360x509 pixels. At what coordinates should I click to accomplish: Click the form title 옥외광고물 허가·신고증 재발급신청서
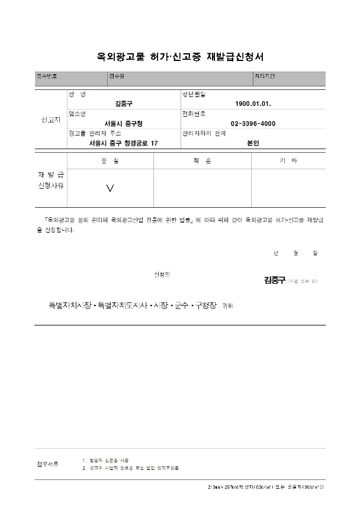click(179, 57)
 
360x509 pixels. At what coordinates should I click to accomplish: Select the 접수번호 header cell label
click(47, 76)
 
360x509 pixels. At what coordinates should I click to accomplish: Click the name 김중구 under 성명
click(124, 104)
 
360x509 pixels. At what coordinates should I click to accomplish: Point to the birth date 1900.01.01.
click(253, 104)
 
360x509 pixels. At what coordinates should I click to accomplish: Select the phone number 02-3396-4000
click(253, 123)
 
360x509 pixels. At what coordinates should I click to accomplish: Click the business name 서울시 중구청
click(123, 123)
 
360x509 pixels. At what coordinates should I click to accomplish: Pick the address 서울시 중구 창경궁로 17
click(123, 143)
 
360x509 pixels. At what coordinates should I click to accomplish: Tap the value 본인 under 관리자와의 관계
click(253, 143)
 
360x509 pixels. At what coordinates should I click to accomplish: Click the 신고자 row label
click(50, 120)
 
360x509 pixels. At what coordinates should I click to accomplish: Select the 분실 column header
click(110, 161)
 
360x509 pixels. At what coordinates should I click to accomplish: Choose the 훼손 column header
click(202, 161)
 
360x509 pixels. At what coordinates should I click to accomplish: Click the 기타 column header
click(288, 161)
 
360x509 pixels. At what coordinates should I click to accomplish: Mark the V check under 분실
click(110, 188)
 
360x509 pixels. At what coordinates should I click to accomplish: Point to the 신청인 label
click(162, 274)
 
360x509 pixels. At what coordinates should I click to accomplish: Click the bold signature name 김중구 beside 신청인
click(274, 280)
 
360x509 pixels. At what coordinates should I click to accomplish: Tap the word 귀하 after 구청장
click(227, 307)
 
